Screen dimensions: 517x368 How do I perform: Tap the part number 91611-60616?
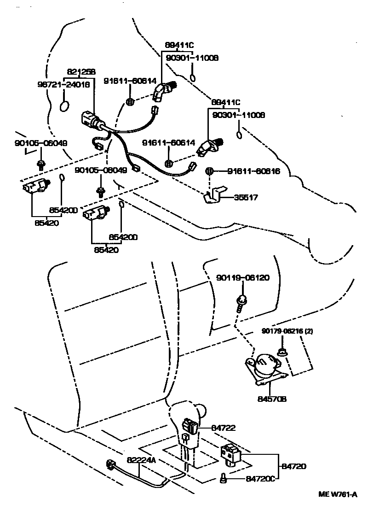(253, 171)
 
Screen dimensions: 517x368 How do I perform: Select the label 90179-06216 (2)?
(288, 331)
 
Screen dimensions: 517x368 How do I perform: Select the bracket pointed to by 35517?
(212, 195)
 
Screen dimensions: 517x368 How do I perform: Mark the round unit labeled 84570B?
(264, 366)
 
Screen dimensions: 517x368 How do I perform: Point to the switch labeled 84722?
(190, 424)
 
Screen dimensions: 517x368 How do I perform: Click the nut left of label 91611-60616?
(209, 171)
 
